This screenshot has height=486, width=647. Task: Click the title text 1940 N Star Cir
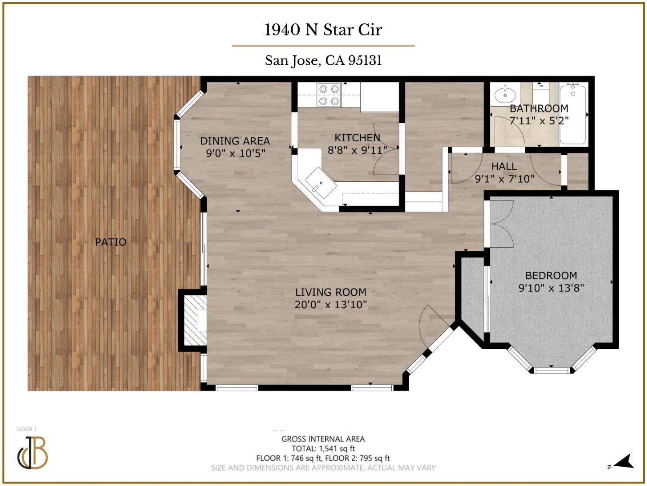(x=323, y=30)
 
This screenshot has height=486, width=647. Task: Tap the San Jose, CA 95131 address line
(x=323, y=60)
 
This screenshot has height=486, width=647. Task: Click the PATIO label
(x=111, y=242)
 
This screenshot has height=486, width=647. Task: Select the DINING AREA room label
(x=235, y=141)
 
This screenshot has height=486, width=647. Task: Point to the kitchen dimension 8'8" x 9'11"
(x=357, y=150)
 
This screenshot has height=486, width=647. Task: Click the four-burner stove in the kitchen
(x=328, y=95)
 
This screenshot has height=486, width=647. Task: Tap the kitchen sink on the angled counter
(x=321, y=183)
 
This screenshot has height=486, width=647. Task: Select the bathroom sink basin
(x=505, y=95)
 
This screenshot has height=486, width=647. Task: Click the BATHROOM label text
(x=539, y=108)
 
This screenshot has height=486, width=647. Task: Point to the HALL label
(x=504, y=166)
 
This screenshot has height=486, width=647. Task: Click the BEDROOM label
(x=551, y=275)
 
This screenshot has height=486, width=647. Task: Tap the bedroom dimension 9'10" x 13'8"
(x=551, y=288)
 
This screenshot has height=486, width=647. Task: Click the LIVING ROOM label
(x=331, y=292)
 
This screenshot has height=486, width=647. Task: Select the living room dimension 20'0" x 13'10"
(x=331, y=305)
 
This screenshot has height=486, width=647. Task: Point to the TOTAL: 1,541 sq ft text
(x=323, y=448)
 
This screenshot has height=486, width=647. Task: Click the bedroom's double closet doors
(x=501, y=224)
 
